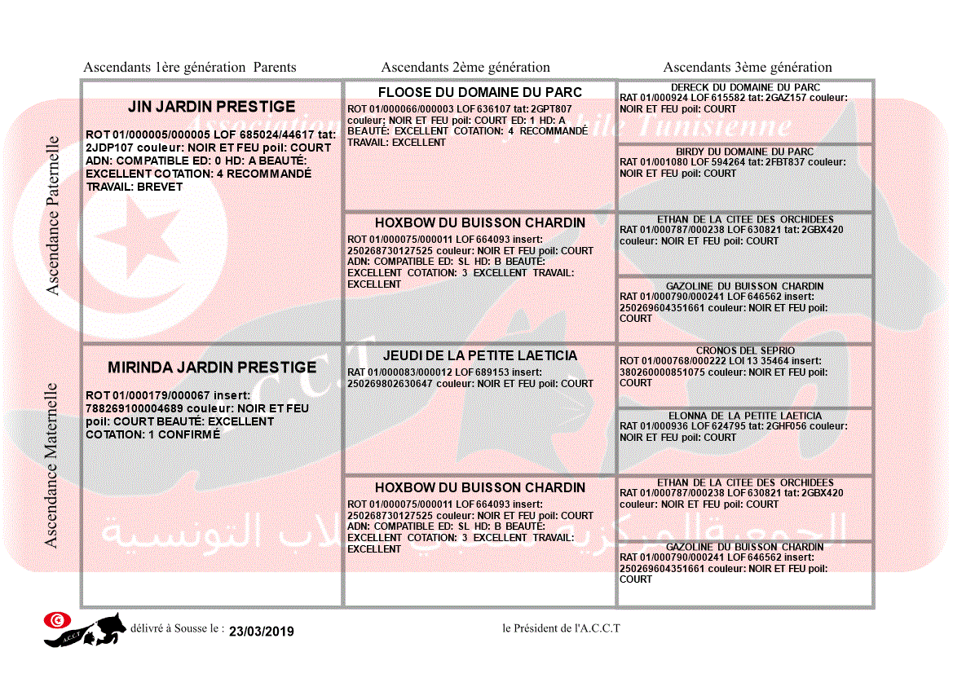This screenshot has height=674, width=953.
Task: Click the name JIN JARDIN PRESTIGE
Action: [212, 107]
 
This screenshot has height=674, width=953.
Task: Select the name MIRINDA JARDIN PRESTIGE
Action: [212, 368]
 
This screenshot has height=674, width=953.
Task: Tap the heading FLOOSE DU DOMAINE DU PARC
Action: [480, 92]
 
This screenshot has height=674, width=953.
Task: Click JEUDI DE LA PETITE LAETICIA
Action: [480, 355]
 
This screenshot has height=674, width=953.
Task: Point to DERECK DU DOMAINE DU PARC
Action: [745, 87]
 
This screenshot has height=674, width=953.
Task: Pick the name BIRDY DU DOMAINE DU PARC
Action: [745, 152]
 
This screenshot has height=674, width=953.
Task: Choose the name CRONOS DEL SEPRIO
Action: [745, 350]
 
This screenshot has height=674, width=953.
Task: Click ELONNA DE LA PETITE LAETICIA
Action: [745, 416]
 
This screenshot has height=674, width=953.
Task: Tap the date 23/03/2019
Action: [262, 631]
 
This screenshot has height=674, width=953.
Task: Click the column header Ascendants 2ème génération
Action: [465, 68]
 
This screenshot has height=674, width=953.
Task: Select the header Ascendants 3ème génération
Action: [748, 68]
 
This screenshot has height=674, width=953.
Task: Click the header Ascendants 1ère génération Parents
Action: [190, 68]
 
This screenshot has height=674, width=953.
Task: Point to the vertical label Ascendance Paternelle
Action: [53, 214]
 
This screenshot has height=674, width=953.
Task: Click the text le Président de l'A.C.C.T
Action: [562, 628]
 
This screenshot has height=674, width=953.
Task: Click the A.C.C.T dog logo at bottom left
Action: [86, 629]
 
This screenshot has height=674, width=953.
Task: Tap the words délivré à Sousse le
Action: [177, 628]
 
